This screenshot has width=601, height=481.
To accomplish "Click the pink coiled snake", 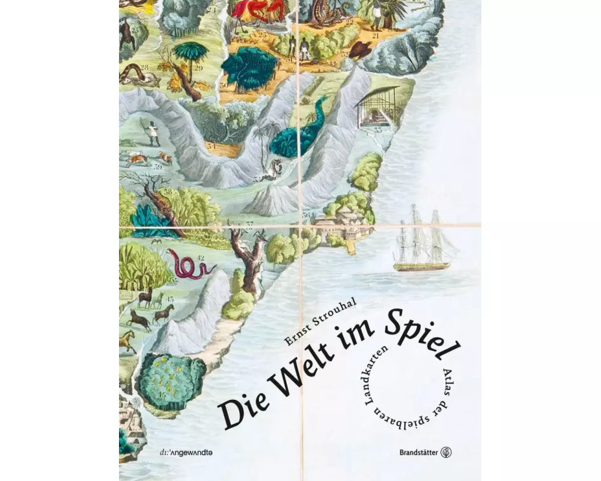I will (189, 265).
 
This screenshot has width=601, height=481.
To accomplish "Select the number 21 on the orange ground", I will (376, 35).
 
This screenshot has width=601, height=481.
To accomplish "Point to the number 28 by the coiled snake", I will (144, 66).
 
